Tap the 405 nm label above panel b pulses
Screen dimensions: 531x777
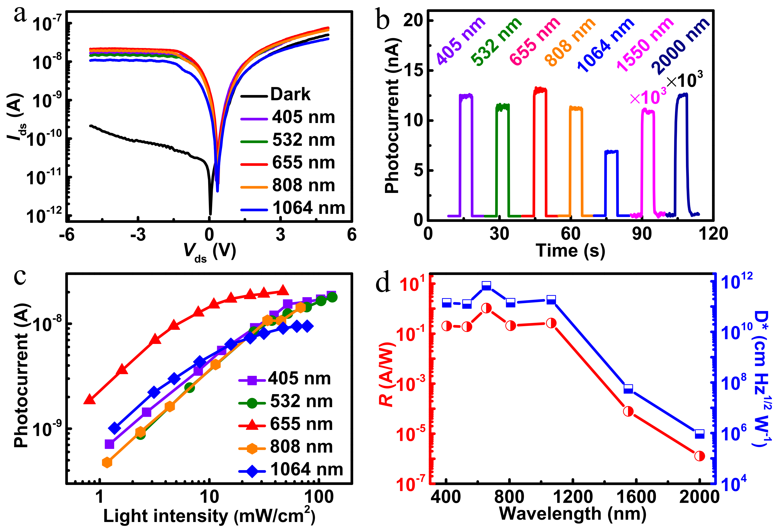point(461,41)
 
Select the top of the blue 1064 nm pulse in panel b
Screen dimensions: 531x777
point(611,152)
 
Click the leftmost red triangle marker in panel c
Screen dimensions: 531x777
point(89,399)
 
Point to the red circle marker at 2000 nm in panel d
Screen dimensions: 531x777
point(699,456)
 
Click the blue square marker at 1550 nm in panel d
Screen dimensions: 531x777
point(628,389)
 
